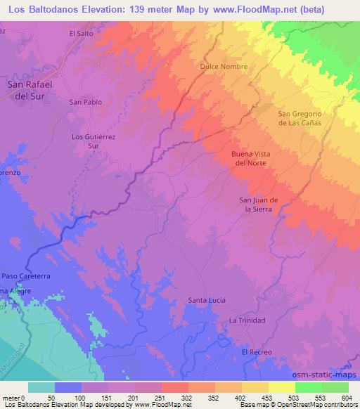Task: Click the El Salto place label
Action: [81, 33]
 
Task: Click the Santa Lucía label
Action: [207, 301]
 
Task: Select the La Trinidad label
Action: [247, 320]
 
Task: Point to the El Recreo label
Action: [255, 351]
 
